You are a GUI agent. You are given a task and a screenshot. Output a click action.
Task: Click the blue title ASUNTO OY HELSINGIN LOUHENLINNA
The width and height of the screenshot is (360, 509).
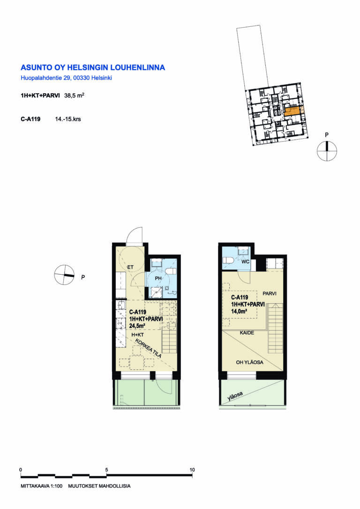coord(93,67)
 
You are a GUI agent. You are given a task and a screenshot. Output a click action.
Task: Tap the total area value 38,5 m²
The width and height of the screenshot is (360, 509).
coord(75,96)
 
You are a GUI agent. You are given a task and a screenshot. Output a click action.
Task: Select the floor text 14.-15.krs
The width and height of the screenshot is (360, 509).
coord(68,119)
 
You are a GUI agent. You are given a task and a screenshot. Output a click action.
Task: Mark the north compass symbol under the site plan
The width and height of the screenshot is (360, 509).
coord(327,151)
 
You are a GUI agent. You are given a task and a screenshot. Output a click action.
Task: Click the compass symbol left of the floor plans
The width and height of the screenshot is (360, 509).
coord(64,275)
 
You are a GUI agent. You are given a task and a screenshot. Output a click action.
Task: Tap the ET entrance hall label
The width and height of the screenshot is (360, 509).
coord(130,267)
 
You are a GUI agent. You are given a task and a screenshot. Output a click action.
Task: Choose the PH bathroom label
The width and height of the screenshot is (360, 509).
coord(158,278)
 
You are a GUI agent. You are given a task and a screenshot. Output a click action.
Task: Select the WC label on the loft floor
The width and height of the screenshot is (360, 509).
coord(246,262)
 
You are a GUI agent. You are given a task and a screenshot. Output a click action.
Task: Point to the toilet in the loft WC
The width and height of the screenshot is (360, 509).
coord(229,260)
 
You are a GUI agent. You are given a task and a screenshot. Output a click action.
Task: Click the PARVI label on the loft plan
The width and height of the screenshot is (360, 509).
coord(270,293)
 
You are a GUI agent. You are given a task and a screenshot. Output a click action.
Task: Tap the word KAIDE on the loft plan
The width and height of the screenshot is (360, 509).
coord(247,333)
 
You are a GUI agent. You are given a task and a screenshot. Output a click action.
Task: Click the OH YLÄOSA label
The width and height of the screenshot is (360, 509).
coord(250,362)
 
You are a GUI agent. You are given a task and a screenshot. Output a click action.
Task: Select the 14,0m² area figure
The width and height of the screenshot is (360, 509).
coord(239,311)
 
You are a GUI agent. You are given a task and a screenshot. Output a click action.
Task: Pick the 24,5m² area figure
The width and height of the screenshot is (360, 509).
coord(137,326)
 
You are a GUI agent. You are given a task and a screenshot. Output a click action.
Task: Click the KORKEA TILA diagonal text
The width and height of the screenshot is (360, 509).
coord(148,348)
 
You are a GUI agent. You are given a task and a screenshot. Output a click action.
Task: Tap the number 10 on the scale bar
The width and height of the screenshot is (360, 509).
coord(192,470)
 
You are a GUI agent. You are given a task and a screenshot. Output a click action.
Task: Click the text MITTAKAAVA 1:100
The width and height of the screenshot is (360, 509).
coord(42,486)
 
